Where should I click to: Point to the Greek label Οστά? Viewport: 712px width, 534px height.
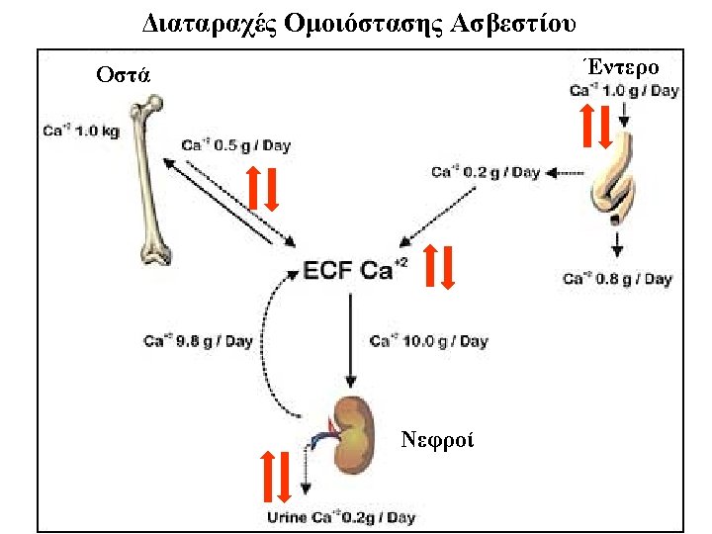point(124,75)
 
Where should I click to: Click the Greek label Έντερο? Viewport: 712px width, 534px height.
point(622,67)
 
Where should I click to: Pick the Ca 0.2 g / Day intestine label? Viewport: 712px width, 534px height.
point(486,172)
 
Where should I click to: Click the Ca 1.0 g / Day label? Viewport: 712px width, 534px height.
point(624,91)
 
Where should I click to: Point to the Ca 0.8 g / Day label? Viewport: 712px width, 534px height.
point(617,279)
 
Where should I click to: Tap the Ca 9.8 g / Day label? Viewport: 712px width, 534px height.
point(198,342)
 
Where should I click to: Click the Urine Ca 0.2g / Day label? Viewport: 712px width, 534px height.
point(341,517)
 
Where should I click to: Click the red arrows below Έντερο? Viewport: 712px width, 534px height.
point(596,125)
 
